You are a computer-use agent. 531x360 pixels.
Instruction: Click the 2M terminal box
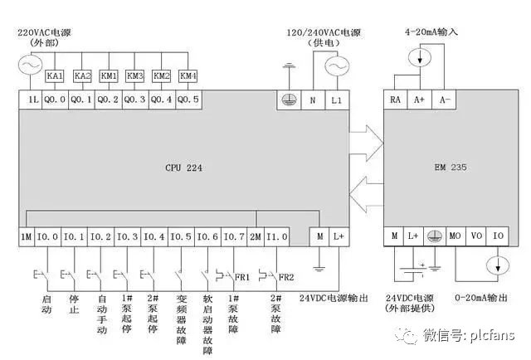tap(256, 236)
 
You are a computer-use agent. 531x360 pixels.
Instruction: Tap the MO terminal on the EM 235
tap(455, 236)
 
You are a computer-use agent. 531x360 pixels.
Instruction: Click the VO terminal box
tap(476, 236)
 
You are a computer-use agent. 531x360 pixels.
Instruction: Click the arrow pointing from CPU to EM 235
tap(364, 139)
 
